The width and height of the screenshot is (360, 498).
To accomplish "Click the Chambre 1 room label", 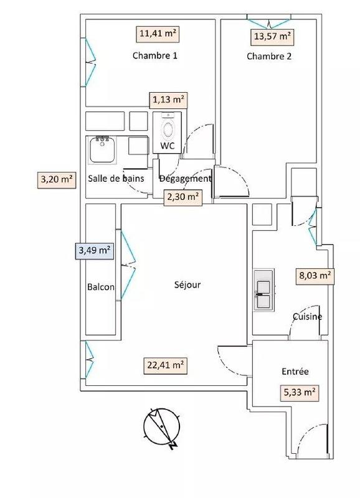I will (155, 55).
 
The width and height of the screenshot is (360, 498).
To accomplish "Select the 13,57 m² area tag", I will (272, 36).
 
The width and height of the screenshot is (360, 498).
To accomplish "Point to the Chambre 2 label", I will (269, 56).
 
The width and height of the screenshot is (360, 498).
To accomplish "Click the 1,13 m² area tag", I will (168, 99).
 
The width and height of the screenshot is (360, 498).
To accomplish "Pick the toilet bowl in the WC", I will (168, 129).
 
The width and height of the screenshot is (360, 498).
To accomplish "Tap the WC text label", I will (167, 146).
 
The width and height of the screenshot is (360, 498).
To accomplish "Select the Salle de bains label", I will (116, 179).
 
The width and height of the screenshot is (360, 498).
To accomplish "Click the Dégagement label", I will (186, 179).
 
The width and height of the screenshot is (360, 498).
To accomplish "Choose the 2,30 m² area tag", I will (182, 197).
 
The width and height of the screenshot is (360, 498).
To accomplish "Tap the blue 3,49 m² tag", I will (94, 251).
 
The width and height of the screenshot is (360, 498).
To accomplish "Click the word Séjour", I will (187, 285).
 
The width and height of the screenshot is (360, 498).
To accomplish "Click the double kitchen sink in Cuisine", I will (263, 289).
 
